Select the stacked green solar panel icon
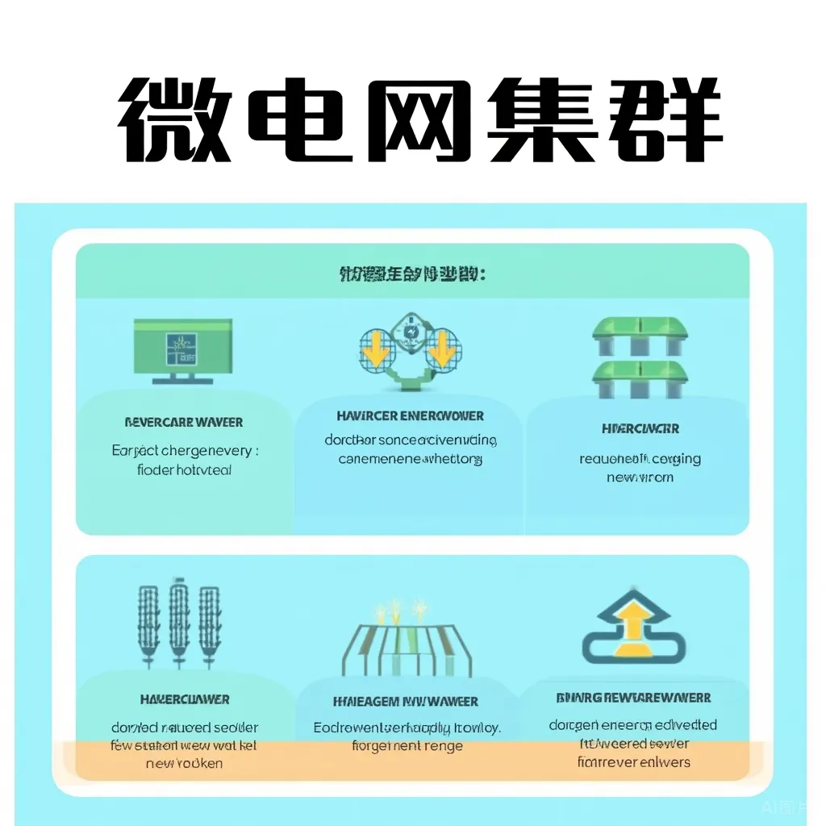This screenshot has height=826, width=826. click(640, 357)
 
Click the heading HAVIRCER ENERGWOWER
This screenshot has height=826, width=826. click(410, 416)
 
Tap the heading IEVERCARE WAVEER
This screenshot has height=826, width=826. click(184, 422)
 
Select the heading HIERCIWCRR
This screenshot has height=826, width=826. click(640, 428)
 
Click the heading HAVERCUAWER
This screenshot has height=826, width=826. click(185, 699)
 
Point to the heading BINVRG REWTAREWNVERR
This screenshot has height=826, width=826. click(633, 698)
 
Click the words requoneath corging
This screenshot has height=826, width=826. click(640, 459)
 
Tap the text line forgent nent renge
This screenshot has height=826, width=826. click(408, 746)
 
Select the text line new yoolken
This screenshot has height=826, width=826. click(184, 763)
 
